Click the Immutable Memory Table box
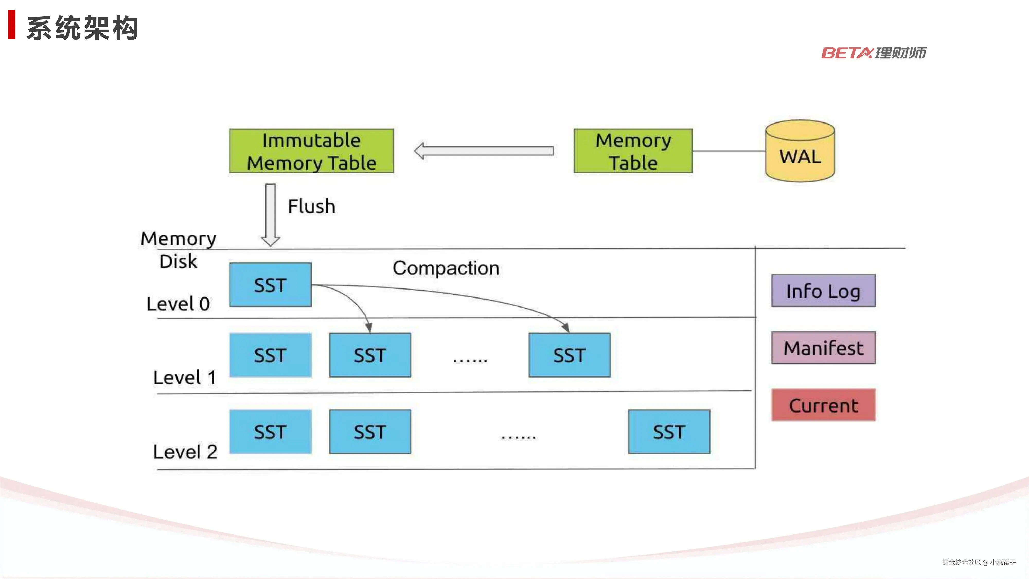coord(311,151)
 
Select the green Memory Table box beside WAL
coord(633,151)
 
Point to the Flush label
coord(312,206)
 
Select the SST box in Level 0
coord(270,285)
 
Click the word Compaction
coord(446,268)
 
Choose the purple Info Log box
coord(823,291)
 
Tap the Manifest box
coord(823,348)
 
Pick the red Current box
coord(823,405)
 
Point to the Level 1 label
coord(184,378)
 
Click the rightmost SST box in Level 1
coord(569,355)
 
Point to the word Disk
coord(178,262)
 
